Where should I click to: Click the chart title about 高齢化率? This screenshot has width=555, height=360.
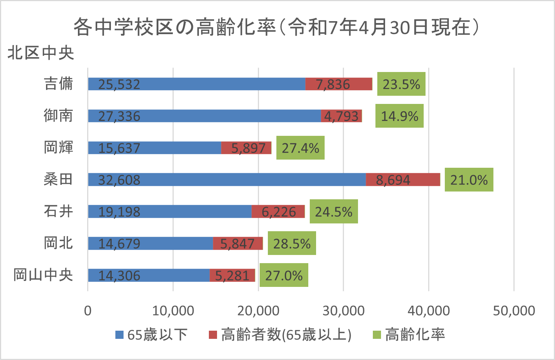pos(276,27)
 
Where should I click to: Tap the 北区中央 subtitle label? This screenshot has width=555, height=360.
pos(41,53)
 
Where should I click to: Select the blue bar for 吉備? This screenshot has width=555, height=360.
pos(197,84)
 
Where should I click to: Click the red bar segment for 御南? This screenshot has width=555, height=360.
pos(341,116)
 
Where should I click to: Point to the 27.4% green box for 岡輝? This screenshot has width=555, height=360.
pos(300,148)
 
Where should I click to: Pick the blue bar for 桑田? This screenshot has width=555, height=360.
pos(227,180)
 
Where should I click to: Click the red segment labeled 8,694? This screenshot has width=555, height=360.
pos(403,180)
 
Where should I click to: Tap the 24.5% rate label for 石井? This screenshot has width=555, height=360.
pos(334,212)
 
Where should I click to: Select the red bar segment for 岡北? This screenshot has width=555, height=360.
pos(238,243)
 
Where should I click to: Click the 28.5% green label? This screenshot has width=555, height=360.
pos(292,243)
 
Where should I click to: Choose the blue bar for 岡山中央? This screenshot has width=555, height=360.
pos(149,275)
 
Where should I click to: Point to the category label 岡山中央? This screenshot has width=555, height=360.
pos(43,275)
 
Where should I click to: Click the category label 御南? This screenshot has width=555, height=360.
pos(58,116)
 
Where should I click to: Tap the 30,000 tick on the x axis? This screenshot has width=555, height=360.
pos(343,311)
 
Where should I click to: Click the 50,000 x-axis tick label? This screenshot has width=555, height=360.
pos(514,311)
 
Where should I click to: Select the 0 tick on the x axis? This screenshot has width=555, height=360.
pos(88,311)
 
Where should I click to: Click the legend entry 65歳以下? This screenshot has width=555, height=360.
pos(152,335)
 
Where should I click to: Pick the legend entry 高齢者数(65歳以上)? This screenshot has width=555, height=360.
pos(280,335)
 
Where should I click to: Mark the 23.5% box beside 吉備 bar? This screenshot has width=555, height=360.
pos(401,84)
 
